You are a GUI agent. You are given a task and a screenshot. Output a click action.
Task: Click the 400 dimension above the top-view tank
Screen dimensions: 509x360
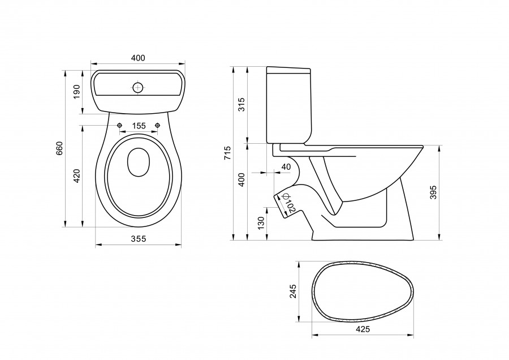[138, 58]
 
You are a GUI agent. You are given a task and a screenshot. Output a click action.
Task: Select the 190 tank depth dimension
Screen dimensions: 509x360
[76, 92]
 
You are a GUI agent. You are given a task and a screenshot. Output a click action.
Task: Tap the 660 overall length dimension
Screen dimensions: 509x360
[59, 148]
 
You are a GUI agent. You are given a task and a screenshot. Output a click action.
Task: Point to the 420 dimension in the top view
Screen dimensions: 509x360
[76, 175]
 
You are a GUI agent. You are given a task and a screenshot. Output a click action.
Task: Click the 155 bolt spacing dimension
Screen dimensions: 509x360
[139, 126]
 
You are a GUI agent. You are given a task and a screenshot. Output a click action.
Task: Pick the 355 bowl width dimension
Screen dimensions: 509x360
[139, 239]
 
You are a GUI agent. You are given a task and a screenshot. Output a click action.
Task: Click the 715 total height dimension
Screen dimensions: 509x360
[227, 153]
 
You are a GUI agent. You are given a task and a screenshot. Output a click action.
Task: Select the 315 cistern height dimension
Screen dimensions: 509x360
[241, 104]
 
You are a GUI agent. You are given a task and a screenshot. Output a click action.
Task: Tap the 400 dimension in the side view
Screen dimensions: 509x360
[241, 179]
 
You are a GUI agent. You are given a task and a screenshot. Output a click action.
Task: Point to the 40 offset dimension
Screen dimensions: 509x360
[286, 167]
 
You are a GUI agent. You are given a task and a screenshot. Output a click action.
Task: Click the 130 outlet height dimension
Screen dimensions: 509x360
[261, 223]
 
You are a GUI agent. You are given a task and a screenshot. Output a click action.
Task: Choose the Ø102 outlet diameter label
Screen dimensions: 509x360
[288, 204]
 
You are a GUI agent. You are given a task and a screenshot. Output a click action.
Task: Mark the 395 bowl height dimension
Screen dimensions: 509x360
[433, 192]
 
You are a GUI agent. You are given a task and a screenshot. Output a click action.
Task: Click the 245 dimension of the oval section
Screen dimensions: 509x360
[293, 292]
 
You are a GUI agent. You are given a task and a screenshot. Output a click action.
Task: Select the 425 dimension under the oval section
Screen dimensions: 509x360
[363, 329]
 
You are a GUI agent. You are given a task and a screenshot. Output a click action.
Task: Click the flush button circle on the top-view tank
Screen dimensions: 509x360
[138, 87]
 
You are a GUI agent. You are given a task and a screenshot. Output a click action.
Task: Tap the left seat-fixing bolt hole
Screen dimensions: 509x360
[120, 125]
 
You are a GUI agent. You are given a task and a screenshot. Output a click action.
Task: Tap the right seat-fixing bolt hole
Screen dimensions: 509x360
[158, 125]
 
